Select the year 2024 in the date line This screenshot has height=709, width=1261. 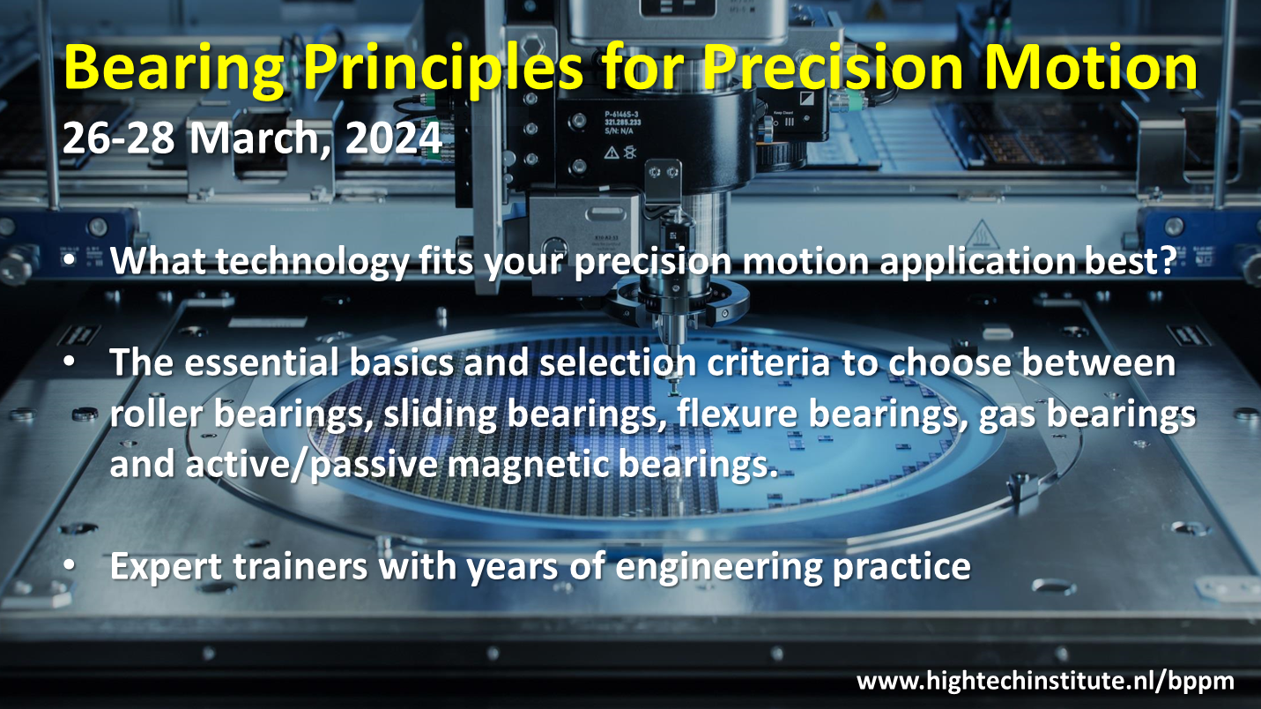click(393, 138)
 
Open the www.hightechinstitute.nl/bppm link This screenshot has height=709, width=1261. click(1045, 682)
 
